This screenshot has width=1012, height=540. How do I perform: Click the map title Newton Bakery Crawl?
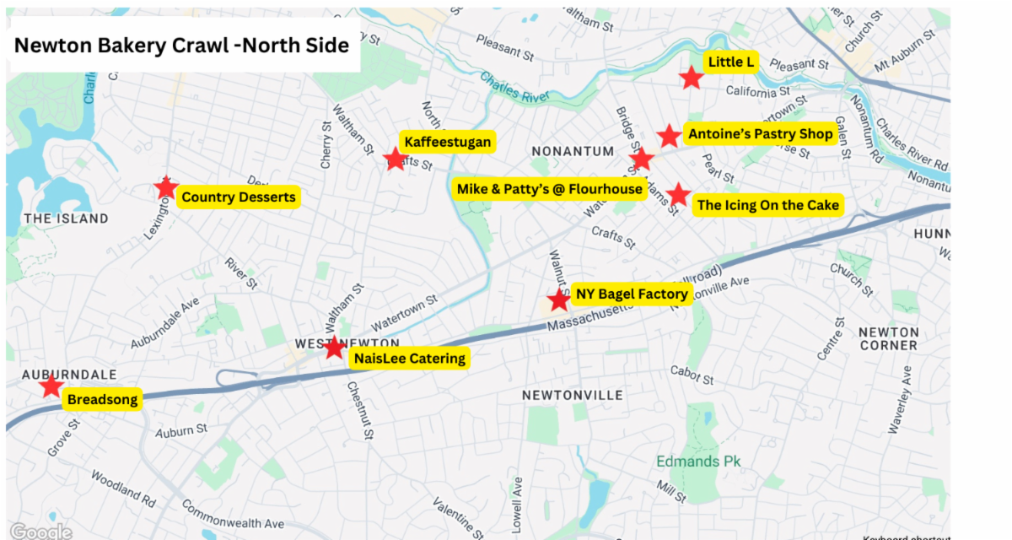[x=181, y=46]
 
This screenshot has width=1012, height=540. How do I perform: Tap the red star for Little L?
[x=692, y=78]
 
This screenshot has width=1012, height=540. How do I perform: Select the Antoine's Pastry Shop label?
[x=760, y=134]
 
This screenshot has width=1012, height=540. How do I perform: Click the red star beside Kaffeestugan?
[x=395, y=159]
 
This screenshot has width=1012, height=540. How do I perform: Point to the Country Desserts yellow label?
[x=239, y=197]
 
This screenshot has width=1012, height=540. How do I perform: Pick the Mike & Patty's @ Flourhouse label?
[x=549, y=189]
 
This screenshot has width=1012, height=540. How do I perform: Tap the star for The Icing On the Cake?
[x=678, y=194]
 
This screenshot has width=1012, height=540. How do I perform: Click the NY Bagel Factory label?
[x=632, y=294]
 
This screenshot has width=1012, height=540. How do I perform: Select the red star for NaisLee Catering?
[x=335, y=347]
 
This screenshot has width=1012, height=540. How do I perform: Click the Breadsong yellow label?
[x=102, y=400]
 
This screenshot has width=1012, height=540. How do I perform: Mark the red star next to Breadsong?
[x=51, y=386]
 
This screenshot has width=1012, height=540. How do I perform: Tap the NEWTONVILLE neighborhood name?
[x=572, y=395]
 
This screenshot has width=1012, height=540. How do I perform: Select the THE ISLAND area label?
[x=66, y=219]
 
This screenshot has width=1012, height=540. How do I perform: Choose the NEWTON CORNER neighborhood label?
[x=888, y=338]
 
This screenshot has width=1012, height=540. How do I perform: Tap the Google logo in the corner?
[x=40, y=532]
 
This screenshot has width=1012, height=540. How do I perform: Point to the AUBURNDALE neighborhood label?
[x=57, y=374]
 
